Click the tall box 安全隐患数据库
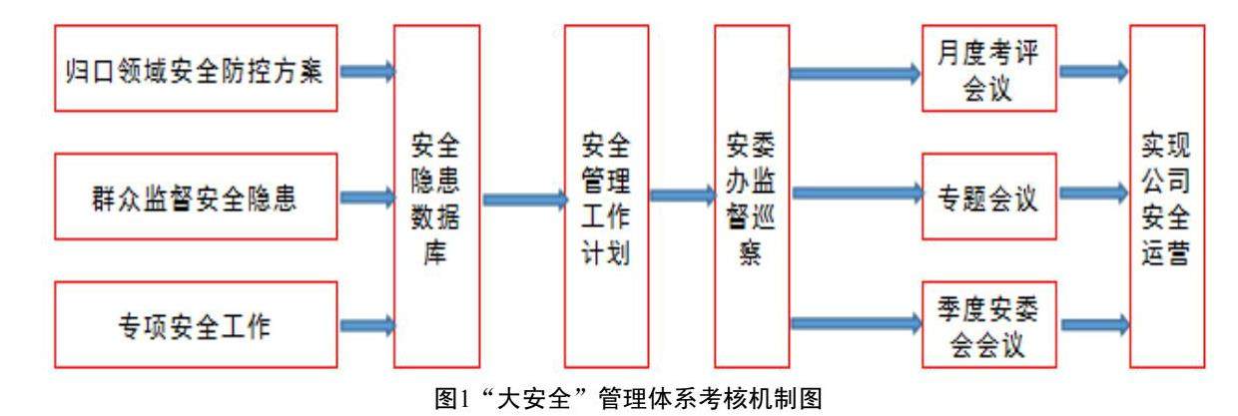[x=437, y=197]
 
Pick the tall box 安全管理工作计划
[x=607, y=197]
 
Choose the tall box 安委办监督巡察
[x=752, y=197]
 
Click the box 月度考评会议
[x=988, y=71]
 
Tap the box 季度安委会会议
[x=988, y=324]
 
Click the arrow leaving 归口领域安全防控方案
[x=367, y=71]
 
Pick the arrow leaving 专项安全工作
[x=367, y=324]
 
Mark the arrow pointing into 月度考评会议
[x=854, y=72]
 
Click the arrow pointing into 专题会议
[x=854, y=190]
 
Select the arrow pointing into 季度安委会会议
[x=854, y=321]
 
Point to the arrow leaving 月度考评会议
[x=1093, y=72]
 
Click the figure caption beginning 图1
[x=619, y=400]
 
